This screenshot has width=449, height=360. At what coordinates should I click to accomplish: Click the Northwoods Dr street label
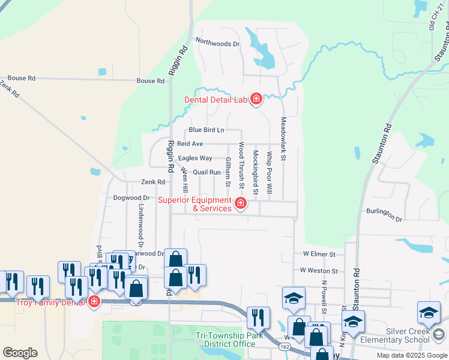(217, 43)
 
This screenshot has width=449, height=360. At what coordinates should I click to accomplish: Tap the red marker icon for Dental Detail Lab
(256, 99)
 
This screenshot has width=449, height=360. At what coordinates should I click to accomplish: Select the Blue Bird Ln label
(206, 130)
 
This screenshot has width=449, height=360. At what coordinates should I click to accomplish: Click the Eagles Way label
(195, 158)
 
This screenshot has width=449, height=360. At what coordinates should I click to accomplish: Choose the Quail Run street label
(207, 172)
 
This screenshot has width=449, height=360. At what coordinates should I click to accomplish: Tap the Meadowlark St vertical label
(284, 137)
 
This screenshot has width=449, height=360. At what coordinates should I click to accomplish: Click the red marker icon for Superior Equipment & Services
(241, 204)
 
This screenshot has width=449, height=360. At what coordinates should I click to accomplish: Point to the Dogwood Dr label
(131, 197)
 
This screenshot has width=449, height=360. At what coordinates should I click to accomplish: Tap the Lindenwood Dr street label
(141, 225)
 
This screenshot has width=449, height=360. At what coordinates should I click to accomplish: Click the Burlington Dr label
(384, 214)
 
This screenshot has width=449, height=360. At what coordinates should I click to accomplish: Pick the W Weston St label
(319, 271)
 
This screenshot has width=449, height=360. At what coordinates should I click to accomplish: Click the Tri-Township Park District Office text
(231, 340)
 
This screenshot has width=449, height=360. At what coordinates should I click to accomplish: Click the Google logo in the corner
(20, 352)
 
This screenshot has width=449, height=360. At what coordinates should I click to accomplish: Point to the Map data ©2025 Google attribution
(411, 355)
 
